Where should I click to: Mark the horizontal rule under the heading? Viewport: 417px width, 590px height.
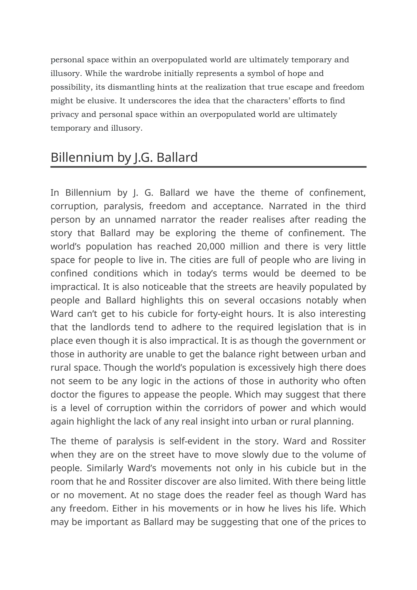[x=208, y=167]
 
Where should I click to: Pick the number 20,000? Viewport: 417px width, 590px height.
[x=211, y=247]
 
